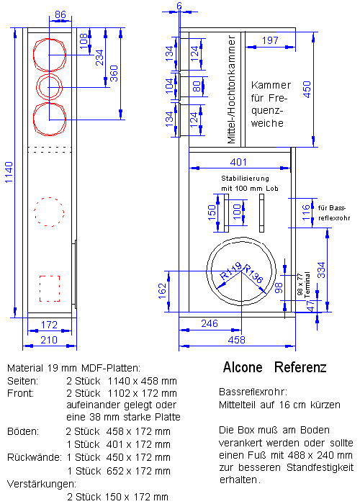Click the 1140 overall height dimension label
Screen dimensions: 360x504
click(x=9, y=172)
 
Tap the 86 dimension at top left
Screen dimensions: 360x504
click(x=60, y=15)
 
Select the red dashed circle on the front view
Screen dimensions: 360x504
click(x=49, y=212)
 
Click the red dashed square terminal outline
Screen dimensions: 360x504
click(x=50, y=288)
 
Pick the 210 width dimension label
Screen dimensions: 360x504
click(x=49, y=340)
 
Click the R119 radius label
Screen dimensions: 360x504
click(x=230, y=271)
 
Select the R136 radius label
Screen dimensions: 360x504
click(x=253, y=274)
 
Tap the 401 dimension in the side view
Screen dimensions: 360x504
click(x=238, y=162)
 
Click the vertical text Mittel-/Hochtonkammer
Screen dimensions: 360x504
click(x=231, y=89)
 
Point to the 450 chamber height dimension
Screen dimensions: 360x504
click(x=307, y=89)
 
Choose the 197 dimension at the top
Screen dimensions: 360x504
click(x=270, y=40)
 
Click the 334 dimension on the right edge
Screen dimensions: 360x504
click(x=321, y=270)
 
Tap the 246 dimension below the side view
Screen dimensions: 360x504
click(x=210, y=323)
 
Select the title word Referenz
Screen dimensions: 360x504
click(x=300, y=367)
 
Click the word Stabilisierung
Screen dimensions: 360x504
click(x=245, y=178)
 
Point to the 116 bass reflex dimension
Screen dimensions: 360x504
click(x=306, y=212)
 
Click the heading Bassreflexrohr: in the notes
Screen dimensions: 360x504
click(x=253, y=392)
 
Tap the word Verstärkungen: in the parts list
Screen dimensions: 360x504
click(x=42, y=484)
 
